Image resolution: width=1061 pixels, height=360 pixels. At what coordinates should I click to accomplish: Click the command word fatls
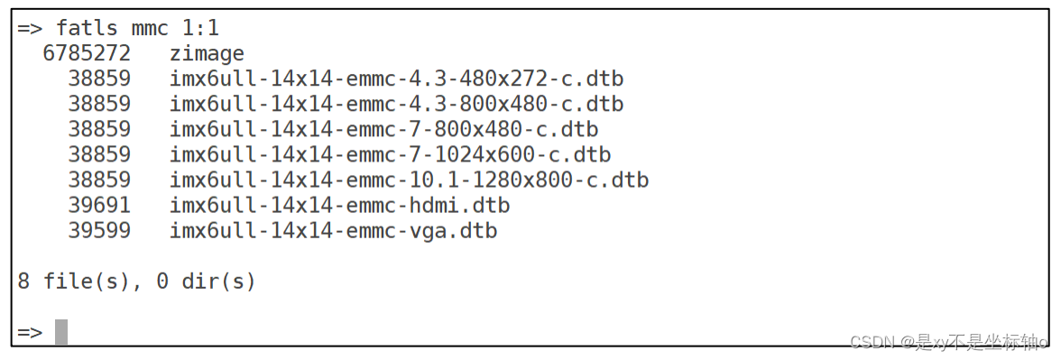pos(87,28)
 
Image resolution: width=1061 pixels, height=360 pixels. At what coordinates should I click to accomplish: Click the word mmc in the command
pos(151,28)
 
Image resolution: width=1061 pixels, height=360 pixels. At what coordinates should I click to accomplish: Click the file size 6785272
pos(87,53)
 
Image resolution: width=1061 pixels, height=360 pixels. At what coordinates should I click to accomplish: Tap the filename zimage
pos(207,53)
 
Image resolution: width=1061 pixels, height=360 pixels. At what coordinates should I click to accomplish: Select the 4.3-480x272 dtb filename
pos(396,78)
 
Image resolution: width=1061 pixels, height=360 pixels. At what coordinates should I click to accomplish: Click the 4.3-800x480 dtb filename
pos(396,104)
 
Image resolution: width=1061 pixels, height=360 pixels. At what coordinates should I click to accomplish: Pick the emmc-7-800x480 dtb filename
pos(383,129)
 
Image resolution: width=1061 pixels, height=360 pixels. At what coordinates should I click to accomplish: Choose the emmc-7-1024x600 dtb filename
pos(390,154)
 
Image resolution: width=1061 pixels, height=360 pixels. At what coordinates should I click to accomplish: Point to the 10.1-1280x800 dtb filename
pos(409,180)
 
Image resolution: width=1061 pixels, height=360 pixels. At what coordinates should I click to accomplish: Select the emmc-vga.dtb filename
pos(333,231)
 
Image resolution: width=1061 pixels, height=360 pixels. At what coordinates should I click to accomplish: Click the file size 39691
pos(99,206)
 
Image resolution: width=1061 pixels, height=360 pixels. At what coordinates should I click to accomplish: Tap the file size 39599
pos(99,231)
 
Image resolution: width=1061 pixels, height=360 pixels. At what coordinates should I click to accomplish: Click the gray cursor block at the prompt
pos(61,332)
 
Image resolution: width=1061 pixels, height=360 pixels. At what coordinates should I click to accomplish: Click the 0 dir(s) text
pos(207,282)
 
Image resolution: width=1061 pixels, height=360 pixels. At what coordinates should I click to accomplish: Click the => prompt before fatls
pos(30,28)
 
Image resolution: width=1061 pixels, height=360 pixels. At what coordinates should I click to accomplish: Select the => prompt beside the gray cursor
pos(30,332)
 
